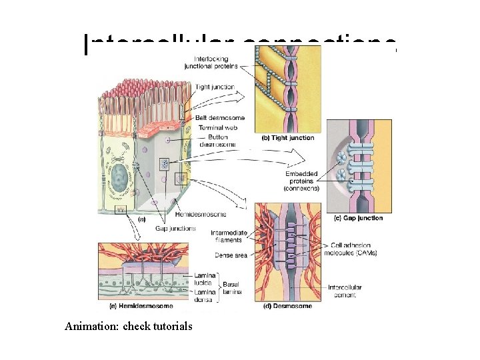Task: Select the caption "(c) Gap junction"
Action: [x=358, y=218]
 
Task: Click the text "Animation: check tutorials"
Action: [x=129, y=327]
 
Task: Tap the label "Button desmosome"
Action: [x=213, y=140]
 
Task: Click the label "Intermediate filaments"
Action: [x=229, y=236]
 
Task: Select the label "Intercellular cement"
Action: [x=346, y=292]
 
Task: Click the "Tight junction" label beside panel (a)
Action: [x=213, y=87]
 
